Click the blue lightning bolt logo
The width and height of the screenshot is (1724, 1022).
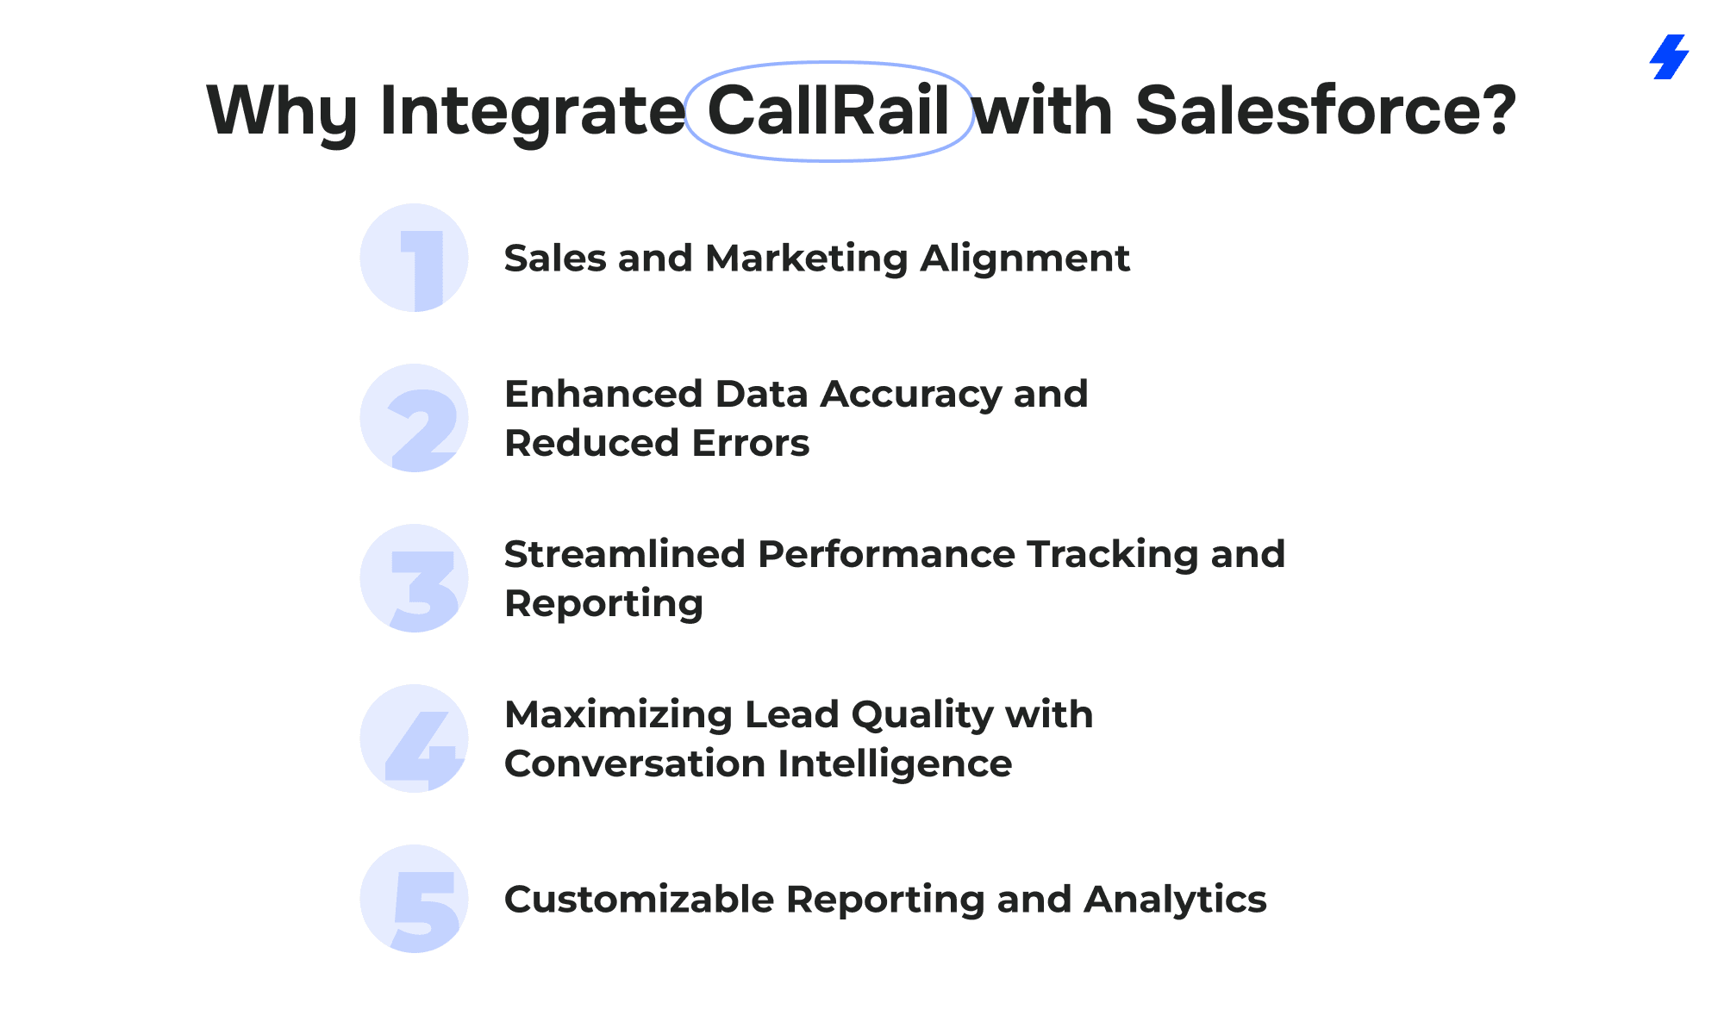pyautogui.click(x=1669, y=57)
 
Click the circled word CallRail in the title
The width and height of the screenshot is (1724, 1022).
pyautogui.click(x=828, y=111)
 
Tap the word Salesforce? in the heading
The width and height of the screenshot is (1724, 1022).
pyautogui.click(x=1325, y=111)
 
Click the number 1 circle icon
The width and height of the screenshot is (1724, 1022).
pyautogui.click(x=414, y=258)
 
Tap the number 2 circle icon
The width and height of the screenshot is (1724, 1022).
pyautogui.click(x=414, y=418)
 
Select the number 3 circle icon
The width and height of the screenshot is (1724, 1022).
pyautogui.click(x=414, y=578)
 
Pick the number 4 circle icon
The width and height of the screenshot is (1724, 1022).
pyautogui.click(x=414, y=738)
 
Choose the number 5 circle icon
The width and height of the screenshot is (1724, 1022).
pyautogui.click(x=414, y=899)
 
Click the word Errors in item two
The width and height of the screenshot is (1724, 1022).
pyautogui.click(x=750, y=443)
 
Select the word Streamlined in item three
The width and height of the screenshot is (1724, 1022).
pyautogui.click(x=625, y=553)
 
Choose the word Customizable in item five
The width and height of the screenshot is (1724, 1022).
pyautogui.click(x=640, y=899)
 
